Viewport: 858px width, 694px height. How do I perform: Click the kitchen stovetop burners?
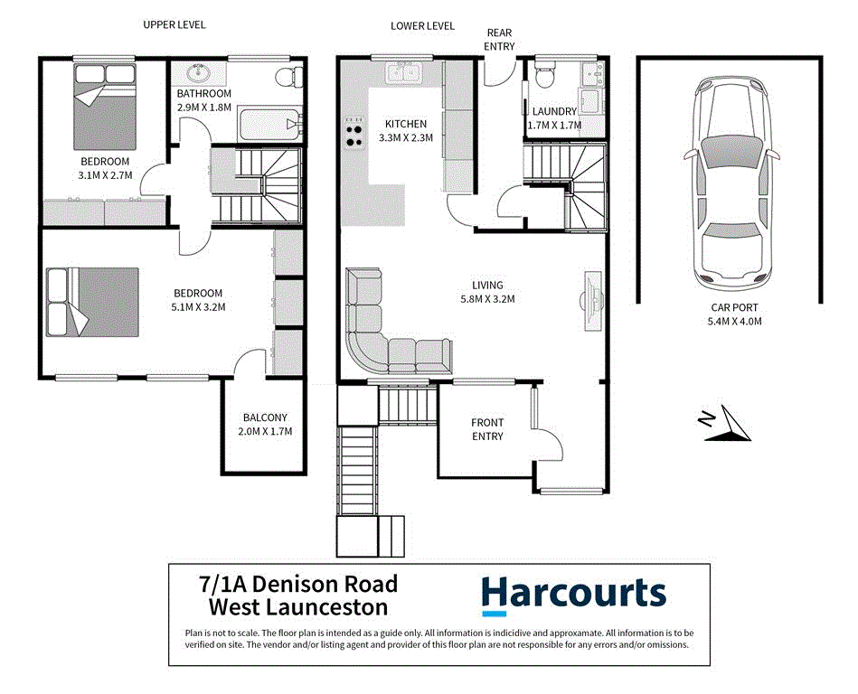pyautogui.click(x=354, y=133)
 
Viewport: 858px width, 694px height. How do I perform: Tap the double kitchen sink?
pyautogui.click(x=403, y=73)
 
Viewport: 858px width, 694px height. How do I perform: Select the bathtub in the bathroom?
pyautogui.click(x=270, y=124)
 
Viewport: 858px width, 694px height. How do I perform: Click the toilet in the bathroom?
pyautogui.click(x=289, y=77)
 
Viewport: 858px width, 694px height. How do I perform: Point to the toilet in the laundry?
pyautogui.click(x=544, y=76)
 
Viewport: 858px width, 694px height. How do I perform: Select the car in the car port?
pyautogui.click(x=731, y=183)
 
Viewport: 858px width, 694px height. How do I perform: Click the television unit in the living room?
pyautogui.click(x=592, y=300)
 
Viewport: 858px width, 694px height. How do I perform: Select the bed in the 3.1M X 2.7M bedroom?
pyautogui.click(x=105, y=107)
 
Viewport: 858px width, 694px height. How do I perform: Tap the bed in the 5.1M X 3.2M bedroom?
pyautogui.click(x=92, y=302)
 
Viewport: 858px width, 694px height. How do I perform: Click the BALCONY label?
pyautogui.click(x=265, y=417)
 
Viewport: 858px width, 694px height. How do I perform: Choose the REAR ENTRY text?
pyautogui.click(x=499, y=40)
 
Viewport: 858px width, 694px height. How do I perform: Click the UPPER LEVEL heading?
pyautogui.click(x=174, y=24)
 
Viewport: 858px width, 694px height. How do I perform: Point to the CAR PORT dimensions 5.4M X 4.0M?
pyautogui.click(x=734, y=321)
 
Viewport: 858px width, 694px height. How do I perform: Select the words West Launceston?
pyautogui.click(x=298, y=607)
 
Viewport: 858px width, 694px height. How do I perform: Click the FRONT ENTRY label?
pyautogui.click(x=487, y=429)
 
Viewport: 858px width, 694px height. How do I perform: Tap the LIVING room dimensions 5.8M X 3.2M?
pyautogui.click(x=487, y=298)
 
